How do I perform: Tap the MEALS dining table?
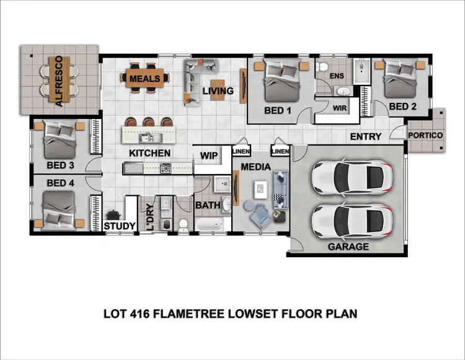pos(144,79)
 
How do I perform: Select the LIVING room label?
pos(218,92)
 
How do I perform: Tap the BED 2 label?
pos(402,107)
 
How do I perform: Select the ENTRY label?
pos(366,136)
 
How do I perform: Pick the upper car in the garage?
pos(351,178)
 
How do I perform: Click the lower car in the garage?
pos(351,219)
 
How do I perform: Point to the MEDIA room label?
pos(255,167)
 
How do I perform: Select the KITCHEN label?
pos(149,152)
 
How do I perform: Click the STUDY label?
pos(119,226)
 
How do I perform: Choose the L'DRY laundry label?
pos(149,217)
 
